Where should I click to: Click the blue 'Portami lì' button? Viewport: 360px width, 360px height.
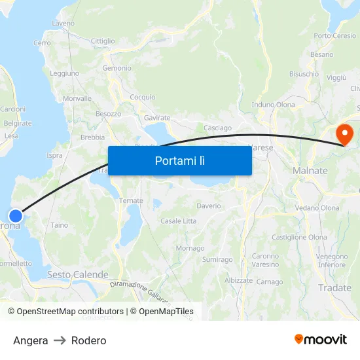point(179,160)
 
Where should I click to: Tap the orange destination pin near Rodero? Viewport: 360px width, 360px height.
point(344,135)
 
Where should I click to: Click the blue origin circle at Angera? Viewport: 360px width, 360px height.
point(15,215)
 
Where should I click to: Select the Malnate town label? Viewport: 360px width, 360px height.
point(310,170)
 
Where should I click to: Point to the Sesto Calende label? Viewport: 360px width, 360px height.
point(77,275)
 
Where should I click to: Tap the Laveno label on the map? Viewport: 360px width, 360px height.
point(63,24)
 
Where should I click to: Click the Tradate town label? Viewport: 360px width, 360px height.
point(334,287)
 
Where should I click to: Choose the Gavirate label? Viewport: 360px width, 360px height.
point(157,118)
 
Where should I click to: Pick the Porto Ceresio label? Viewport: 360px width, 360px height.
point(335,35)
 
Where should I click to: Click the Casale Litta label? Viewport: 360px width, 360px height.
point(178,221)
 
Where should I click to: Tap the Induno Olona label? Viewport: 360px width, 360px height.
point(273,105)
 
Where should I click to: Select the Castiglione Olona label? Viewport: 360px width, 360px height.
point(299,237)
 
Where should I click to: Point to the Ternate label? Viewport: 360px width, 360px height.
point(131,201)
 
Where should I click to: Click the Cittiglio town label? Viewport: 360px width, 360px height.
point(103,41)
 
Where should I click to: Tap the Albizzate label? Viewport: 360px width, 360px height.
point(238,280)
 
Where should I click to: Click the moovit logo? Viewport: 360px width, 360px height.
point(321,339)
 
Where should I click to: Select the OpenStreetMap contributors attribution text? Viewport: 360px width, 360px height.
point(65,312)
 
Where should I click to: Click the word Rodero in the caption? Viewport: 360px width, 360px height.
point(89,340)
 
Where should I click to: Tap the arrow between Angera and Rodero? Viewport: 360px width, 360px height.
point(60,340)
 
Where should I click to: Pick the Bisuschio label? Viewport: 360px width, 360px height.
point(304,74)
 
